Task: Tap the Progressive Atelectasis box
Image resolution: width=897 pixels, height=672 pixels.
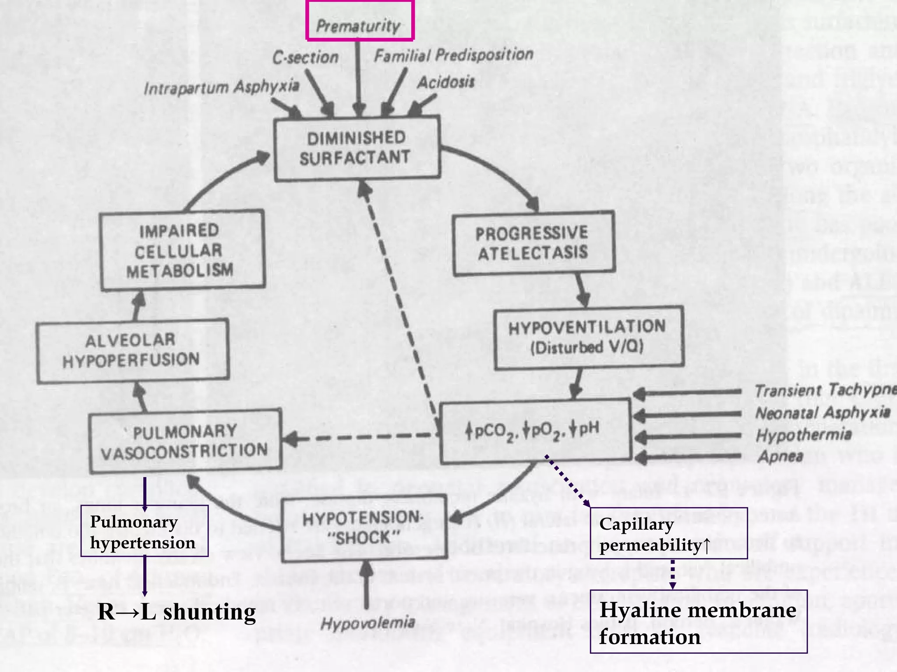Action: click(533, 243)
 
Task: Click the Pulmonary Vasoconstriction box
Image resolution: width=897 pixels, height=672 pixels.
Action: click(185, 441)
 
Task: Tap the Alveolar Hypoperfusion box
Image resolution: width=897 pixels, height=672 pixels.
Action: click(132, 351)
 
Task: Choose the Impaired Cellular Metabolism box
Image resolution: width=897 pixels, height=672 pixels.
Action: click(181, 250)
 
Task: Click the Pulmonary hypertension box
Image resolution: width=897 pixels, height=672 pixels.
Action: click(144, 531)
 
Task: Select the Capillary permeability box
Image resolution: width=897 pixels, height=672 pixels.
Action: click(668, 533)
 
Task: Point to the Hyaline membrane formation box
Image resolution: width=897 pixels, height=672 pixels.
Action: click(698, 622)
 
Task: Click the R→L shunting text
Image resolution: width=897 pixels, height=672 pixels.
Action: click(176, 612)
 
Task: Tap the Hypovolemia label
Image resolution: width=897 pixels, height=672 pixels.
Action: click(368, 623)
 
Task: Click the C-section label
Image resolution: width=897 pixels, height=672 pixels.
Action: click(305, 57)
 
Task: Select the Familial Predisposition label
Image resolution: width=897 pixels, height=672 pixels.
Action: click(453, 55)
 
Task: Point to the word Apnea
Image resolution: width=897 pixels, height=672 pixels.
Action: click(781, 456)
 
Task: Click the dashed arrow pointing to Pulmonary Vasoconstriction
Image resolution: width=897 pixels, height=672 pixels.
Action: click(359, 437)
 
